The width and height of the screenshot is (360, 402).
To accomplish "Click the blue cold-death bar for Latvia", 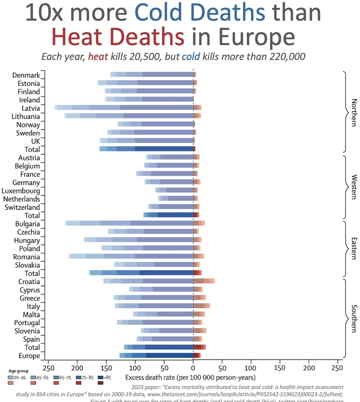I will pos(124,108).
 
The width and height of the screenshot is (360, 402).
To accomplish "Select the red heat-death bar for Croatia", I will pos(204,281).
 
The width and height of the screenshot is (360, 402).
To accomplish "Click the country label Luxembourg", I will pos(21,191).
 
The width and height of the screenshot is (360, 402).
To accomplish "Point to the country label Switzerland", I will pos(22,207).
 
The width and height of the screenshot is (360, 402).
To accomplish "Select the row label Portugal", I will pos(27,323).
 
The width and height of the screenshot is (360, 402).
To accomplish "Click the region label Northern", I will pos(354,113).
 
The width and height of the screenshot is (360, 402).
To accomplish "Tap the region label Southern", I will pos(354,319).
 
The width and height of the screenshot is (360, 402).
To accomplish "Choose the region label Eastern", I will pos(354,249).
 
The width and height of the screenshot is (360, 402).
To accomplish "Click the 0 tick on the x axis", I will pos(193,368).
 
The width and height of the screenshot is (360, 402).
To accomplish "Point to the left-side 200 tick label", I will pos(77,368).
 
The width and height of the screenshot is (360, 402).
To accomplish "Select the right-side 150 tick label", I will pos(279,368).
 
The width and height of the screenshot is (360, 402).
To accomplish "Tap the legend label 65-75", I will pos(65,377).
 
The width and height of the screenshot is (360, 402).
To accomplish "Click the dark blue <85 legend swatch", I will pos(101,377).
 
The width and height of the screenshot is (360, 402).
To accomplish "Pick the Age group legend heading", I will pos(18,371).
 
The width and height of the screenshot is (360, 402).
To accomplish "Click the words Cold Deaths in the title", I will pos(199,13).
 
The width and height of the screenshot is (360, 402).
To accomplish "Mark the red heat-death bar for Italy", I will pos(201,306).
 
